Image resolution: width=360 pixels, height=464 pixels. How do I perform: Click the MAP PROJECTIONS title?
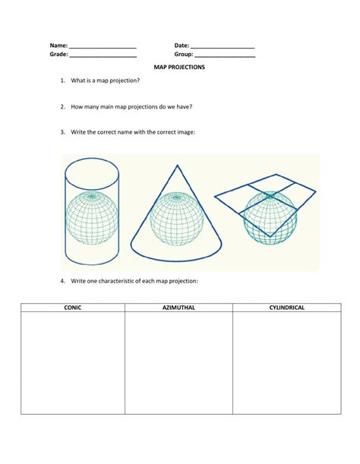click(179, 68)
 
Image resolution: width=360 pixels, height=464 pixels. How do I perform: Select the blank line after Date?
click(223, 48)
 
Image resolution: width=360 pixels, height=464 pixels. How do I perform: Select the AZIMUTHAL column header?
click(178, 308)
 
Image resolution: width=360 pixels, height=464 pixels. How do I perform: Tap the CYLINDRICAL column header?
click(286, 308)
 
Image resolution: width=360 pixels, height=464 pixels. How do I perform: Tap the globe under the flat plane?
click(270, 219)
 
